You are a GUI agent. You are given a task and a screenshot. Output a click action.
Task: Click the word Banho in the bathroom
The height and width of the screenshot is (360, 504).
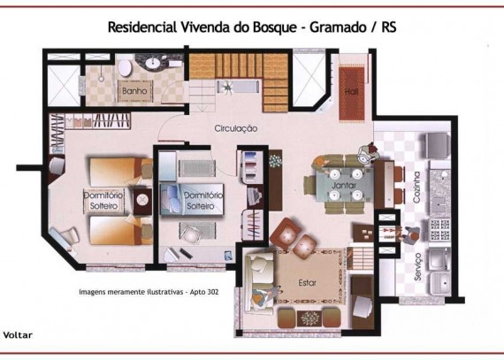[134, 91]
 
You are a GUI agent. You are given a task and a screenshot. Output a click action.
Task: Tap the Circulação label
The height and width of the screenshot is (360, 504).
[236, 128]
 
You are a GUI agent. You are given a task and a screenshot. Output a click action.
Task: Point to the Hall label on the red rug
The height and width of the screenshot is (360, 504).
[351, 92]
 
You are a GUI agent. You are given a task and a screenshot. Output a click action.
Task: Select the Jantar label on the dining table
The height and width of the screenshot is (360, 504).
[344, 186]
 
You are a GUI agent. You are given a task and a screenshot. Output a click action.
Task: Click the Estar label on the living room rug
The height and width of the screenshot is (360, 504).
[308, 283]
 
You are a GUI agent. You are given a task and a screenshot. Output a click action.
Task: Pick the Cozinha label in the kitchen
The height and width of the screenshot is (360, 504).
[416, 187]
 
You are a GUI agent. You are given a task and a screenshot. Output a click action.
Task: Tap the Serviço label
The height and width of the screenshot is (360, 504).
[417, 266]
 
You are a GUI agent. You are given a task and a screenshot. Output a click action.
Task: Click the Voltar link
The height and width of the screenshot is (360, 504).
[18, 335]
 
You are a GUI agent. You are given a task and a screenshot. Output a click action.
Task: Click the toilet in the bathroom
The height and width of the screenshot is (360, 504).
[125, 67]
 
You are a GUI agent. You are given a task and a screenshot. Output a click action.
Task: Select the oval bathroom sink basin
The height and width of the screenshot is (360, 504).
[153, 63]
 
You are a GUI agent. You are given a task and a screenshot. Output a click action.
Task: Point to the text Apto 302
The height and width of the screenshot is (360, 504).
[204, 292]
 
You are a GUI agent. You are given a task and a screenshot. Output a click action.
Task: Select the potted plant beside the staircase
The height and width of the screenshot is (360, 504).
[228, 86]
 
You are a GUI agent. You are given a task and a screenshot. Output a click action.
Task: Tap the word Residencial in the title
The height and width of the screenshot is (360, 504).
[142, 27]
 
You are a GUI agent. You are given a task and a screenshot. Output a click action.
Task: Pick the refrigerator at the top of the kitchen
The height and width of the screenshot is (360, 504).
[437, 145]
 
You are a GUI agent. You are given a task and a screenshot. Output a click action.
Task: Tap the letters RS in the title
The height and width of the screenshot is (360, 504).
[389, 27]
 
